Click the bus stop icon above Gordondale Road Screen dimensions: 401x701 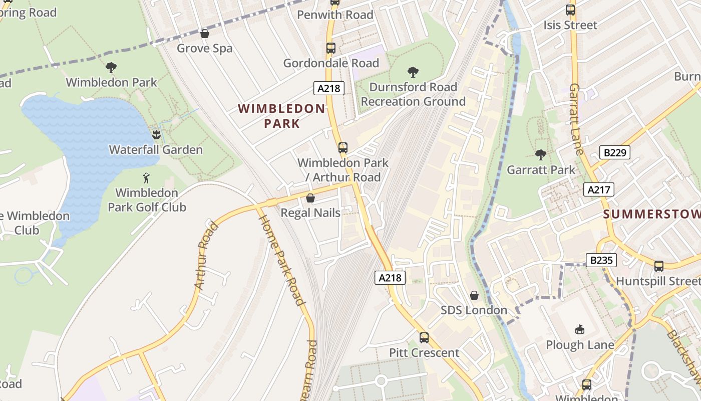tap(330, 48)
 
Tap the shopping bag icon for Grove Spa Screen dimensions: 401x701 tap(204, 34)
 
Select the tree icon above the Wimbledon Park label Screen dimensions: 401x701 tap(111, 67)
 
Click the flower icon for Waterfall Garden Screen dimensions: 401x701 tap(156, 134)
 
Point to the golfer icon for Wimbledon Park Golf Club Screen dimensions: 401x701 tap(146, 177)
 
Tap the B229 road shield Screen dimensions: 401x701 tap(614, 152)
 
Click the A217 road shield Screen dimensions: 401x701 tap(598, 189)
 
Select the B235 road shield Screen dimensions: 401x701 tap(601, 260)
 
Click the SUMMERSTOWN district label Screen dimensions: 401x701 tap(651, 215)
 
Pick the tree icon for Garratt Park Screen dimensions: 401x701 tap(540, 154)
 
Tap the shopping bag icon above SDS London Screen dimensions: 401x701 tap(474, 295)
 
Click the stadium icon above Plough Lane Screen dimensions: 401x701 tap(580, 329)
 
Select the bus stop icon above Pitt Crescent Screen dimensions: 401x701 tap(424, 337)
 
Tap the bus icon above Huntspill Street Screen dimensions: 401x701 tap(658, 266)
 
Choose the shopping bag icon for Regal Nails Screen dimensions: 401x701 tap(310, 198)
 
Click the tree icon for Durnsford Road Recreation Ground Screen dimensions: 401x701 tap(413, 72)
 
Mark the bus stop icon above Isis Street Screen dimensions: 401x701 tap(570, 10)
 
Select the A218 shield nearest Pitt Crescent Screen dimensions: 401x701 tap(390, 278)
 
